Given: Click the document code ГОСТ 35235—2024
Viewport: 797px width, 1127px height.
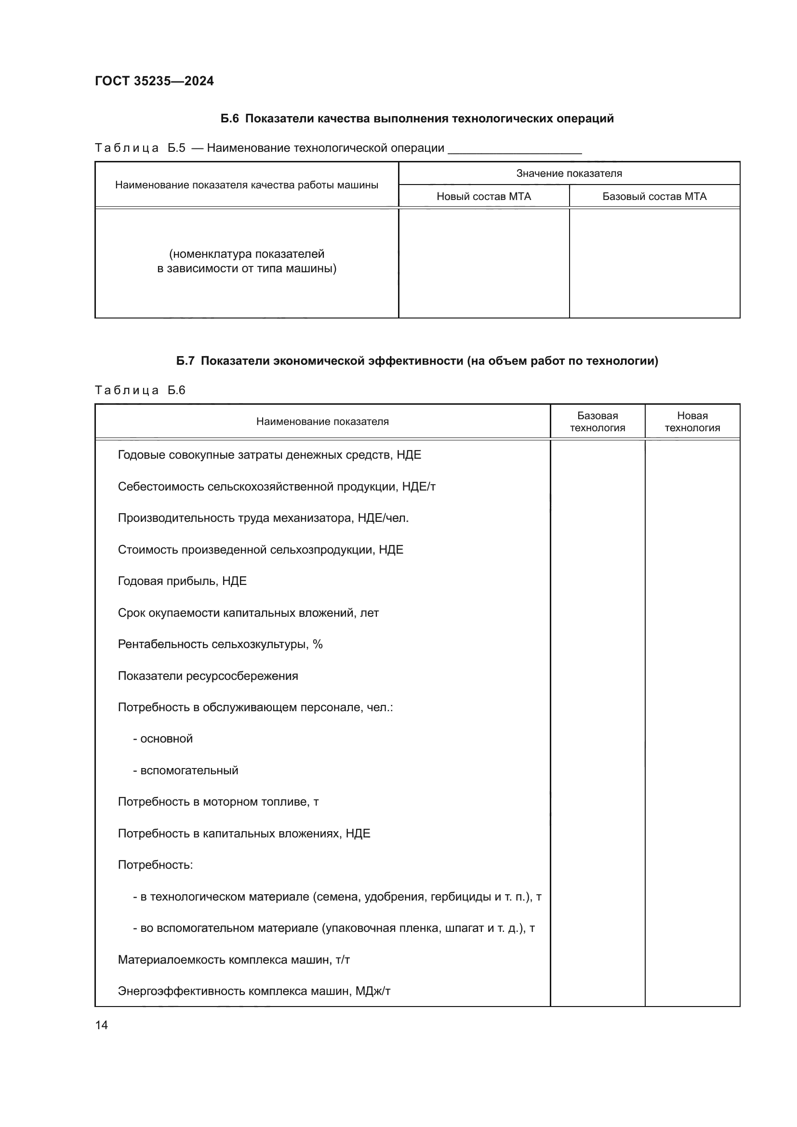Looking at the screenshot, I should (x=154, y=81).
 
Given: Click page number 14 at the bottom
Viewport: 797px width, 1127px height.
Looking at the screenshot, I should (x=101, y=1025).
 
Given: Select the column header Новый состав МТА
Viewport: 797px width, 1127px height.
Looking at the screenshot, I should (x=483, y=196).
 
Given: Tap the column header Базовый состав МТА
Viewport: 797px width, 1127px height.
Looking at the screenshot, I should (x=654, y=196).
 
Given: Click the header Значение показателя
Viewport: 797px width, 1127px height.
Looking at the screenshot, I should (x=569, y=173).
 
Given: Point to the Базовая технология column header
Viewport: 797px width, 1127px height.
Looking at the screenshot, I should (x=597, y=422).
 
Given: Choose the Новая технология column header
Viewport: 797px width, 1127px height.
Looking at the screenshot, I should (x=692, y=422).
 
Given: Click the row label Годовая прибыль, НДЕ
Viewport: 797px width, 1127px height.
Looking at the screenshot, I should (x=182, y=581).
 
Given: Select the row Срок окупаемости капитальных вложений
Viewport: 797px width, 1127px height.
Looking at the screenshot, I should (x=248, y=612).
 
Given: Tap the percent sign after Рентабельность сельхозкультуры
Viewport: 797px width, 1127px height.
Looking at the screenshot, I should (x=318, y=644).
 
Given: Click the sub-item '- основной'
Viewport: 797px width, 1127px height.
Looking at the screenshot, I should (x=163, y=739).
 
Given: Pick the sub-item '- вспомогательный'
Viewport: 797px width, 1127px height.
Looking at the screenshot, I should (x=186, y=770).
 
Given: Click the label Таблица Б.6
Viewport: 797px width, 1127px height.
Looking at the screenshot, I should (x=140, y=390).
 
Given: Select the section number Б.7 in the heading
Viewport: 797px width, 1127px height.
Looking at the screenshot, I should (x=186, y=361).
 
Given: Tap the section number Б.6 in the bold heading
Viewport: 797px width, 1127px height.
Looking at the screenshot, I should (x=229, y=119).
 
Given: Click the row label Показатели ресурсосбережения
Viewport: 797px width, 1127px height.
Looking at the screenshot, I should (x=208, y=676).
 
